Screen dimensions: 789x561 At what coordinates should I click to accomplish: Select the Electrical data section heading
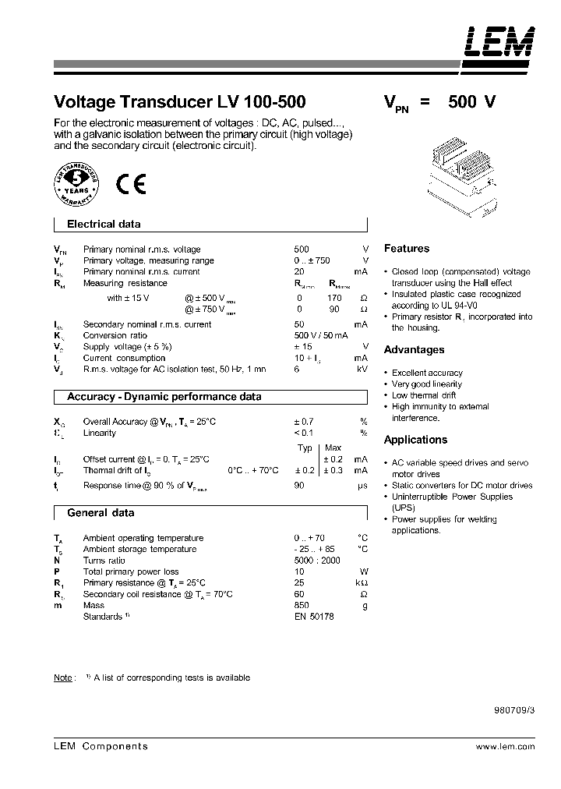pyautogui.click(x=104, y=224)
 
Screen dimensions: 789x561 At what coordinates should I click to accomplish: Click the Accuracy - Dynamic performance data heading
pyautogui.click(x=164, y=397)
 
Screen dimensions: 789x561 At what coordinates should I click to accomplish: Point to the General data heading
pyautogui.click(x=101, y=513)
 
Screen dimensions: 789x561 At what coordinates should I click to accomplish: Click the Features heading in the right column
pyautogui.click(x=407, y=249)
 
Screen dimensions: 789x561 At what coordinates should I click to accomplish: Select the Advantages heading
pyautogui.click(x=414, y=350)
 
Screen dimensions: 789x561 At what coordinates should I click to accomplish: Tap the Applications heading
pyautogui.click(x=415, y=440)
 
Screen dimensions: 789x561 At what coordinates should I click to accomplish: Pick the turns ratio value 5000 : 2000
pyautogui.click(x=316, y=561)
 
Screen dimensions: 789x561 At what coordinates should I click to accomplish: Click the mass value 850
pyautogui.click(x=302, y=605)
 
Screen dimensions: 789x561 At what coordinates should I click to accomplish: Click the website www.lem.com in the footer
pyautogui.click(x=505, y=746)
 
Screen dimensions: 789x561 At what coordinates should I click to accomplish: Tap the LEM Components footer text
pyautogui.click(x=100, y=746)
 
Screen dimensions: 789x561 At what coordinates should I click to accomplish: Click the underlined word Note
pyautogui.click(x=63, y=678)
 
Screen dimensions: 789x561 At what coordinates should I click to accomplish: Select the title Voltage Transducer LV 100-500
pyautogui.click(x=179, y=102)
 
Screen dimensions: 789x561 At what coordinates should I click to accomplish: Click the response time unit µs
pyautogui.click(x=362, y=486)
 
